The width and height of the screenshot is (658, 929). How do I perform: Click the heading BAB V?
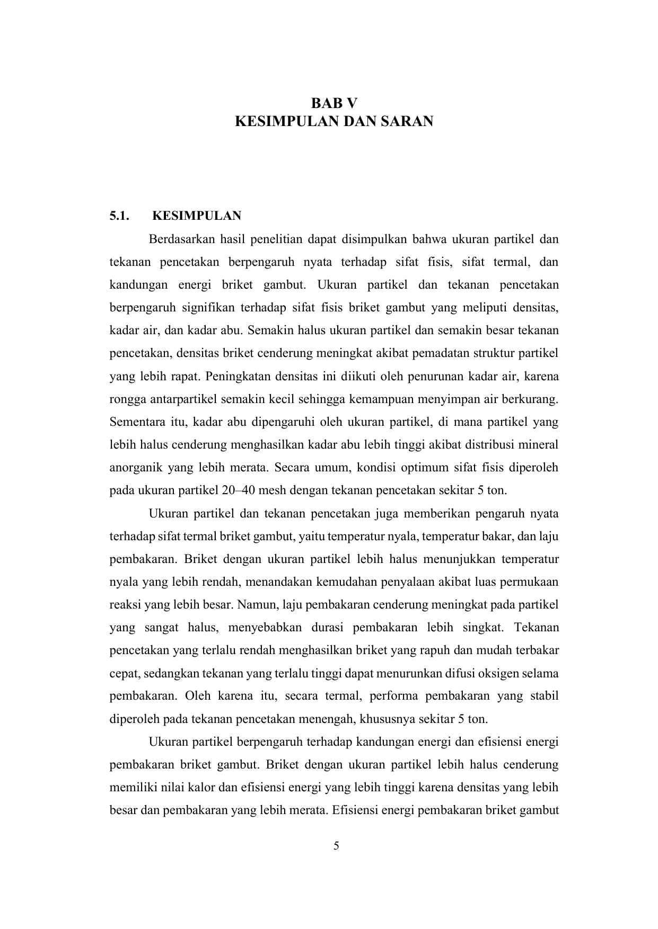[x=334, y=102]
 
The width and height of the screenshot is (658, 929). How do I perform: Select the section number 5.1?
[x=119, y=216]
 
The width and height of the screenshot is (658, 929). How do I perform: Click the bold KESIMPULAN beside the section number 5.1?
[x=197, y=216]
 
